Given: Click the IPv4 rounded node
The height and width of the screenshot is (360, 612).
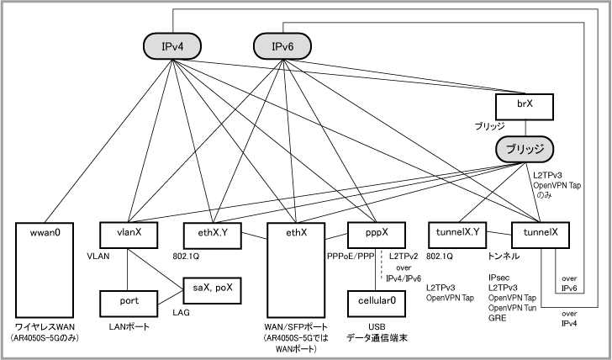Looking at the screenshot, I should pyautogui.click(x=171, y=46).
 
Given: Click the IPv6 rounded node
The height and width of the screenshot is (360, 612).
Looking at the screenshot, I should pyautogui.click(x=282, y=46).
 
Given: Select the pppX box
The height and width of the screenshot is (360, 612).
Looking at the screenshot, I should pyautogui.click(x=372, y=233).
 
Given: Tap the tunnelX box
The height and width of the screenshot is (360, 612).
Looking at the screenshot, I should pyautogui.click(x=541, y=233).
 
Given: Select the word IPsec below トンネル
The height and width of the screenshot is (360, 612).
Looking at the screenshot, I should pyautogui.click(x=499, y=277).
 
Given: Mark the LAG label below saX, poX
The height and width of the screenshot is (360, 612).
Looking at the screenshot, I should pyautogui.click(x=182, y=311).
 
